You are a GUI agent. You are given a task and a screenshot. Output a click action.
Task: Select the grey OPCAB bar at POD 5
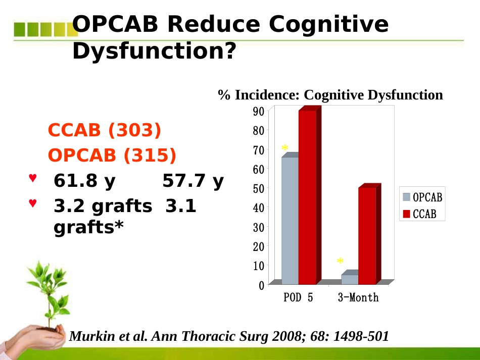[x=290, y=219]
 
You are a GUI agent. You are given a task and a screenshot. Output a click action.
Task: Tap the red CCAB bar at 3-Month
[x=369, y=234]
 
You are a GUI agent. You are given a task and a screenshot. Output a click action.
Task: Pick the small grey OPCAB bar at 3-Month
[x=350, y=277]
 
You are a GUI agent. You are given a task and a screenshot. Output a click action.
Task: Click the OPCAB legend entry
[x=422, y=197]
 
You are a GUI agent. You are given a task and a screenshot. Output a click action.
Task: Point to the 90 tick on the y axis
[x=259, y=112]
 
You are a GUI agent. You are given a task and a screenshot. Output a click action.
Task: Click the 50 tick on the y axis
[x=259, y=188]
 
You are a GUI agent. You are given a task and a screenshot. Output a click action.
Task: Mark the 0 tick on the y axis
[x=261, y=285]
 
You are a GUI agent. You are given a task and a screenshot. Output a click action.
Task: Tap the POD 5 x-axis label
[x=298, y=297]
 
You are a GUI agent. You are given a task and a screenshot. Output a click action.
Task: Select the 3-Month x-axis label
[x=358, y=297]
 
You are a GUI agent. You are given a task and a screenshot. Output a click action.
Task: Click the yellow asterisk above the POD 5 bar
[x=284, y=148]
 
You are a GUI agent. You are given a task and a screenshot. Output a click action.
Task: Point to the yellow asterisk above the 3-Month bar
[x=340, y=261]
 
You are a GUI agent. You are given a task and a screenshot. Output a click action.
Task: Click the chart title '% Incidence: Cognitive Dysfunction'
[x=330, y=95]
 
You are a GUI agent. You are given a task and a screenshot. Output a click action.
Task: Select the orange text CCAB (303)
[x=105, y=130]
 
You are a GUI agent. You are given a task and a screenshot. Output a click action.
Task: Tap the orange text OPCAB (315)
[x=112, y=155]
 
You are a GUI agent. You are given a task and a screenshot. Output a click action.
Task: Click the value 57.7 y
[x=193, y=181]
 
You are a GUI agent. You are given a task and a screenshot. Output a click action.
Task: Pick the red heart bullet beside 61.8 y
[x=33, y=178]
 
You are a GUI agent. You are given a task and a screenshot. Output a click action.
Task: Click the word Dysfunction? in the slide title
[x=154, y=51]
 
